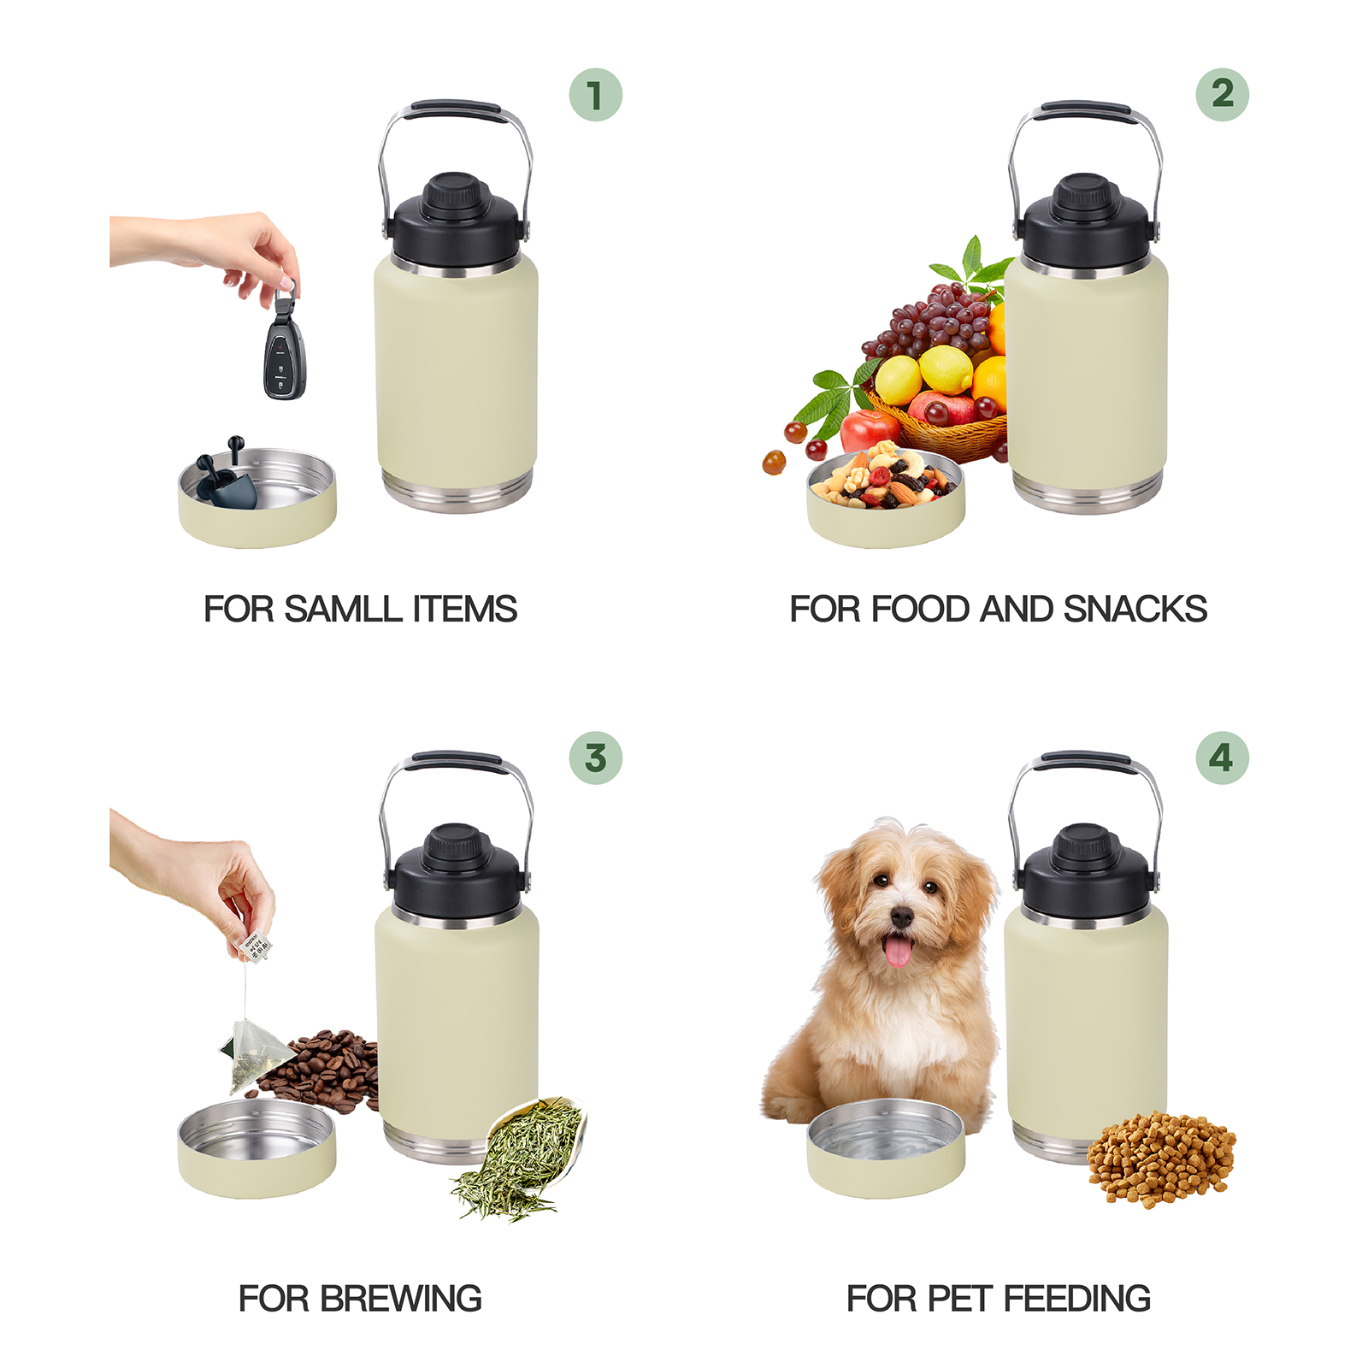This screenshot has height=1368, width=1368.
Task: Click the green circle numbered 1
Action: (x=595, y=94)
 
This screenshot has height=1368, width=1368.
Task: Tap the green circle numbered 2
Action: (x=1222, y=94)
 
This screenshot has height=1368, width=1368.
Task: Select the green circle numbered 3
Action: (x=595, y=758)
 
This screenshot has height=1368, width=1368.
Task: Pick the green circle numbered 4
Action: (x=1222, y=758)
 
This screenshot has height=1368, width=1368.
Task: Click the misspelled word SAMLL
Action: (x=343, y=610)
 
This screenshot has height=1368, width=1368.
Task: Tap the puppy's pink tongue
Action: (x=897, y=951)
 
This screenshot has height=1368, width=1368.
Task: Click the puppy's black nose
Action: (x=901, y=917)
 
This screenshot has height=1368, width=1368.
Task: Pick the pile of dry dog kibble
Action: (x=1161, y=1159)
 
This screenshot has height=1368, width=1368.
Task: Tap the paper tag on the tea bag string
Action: (x=254, y=946)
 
